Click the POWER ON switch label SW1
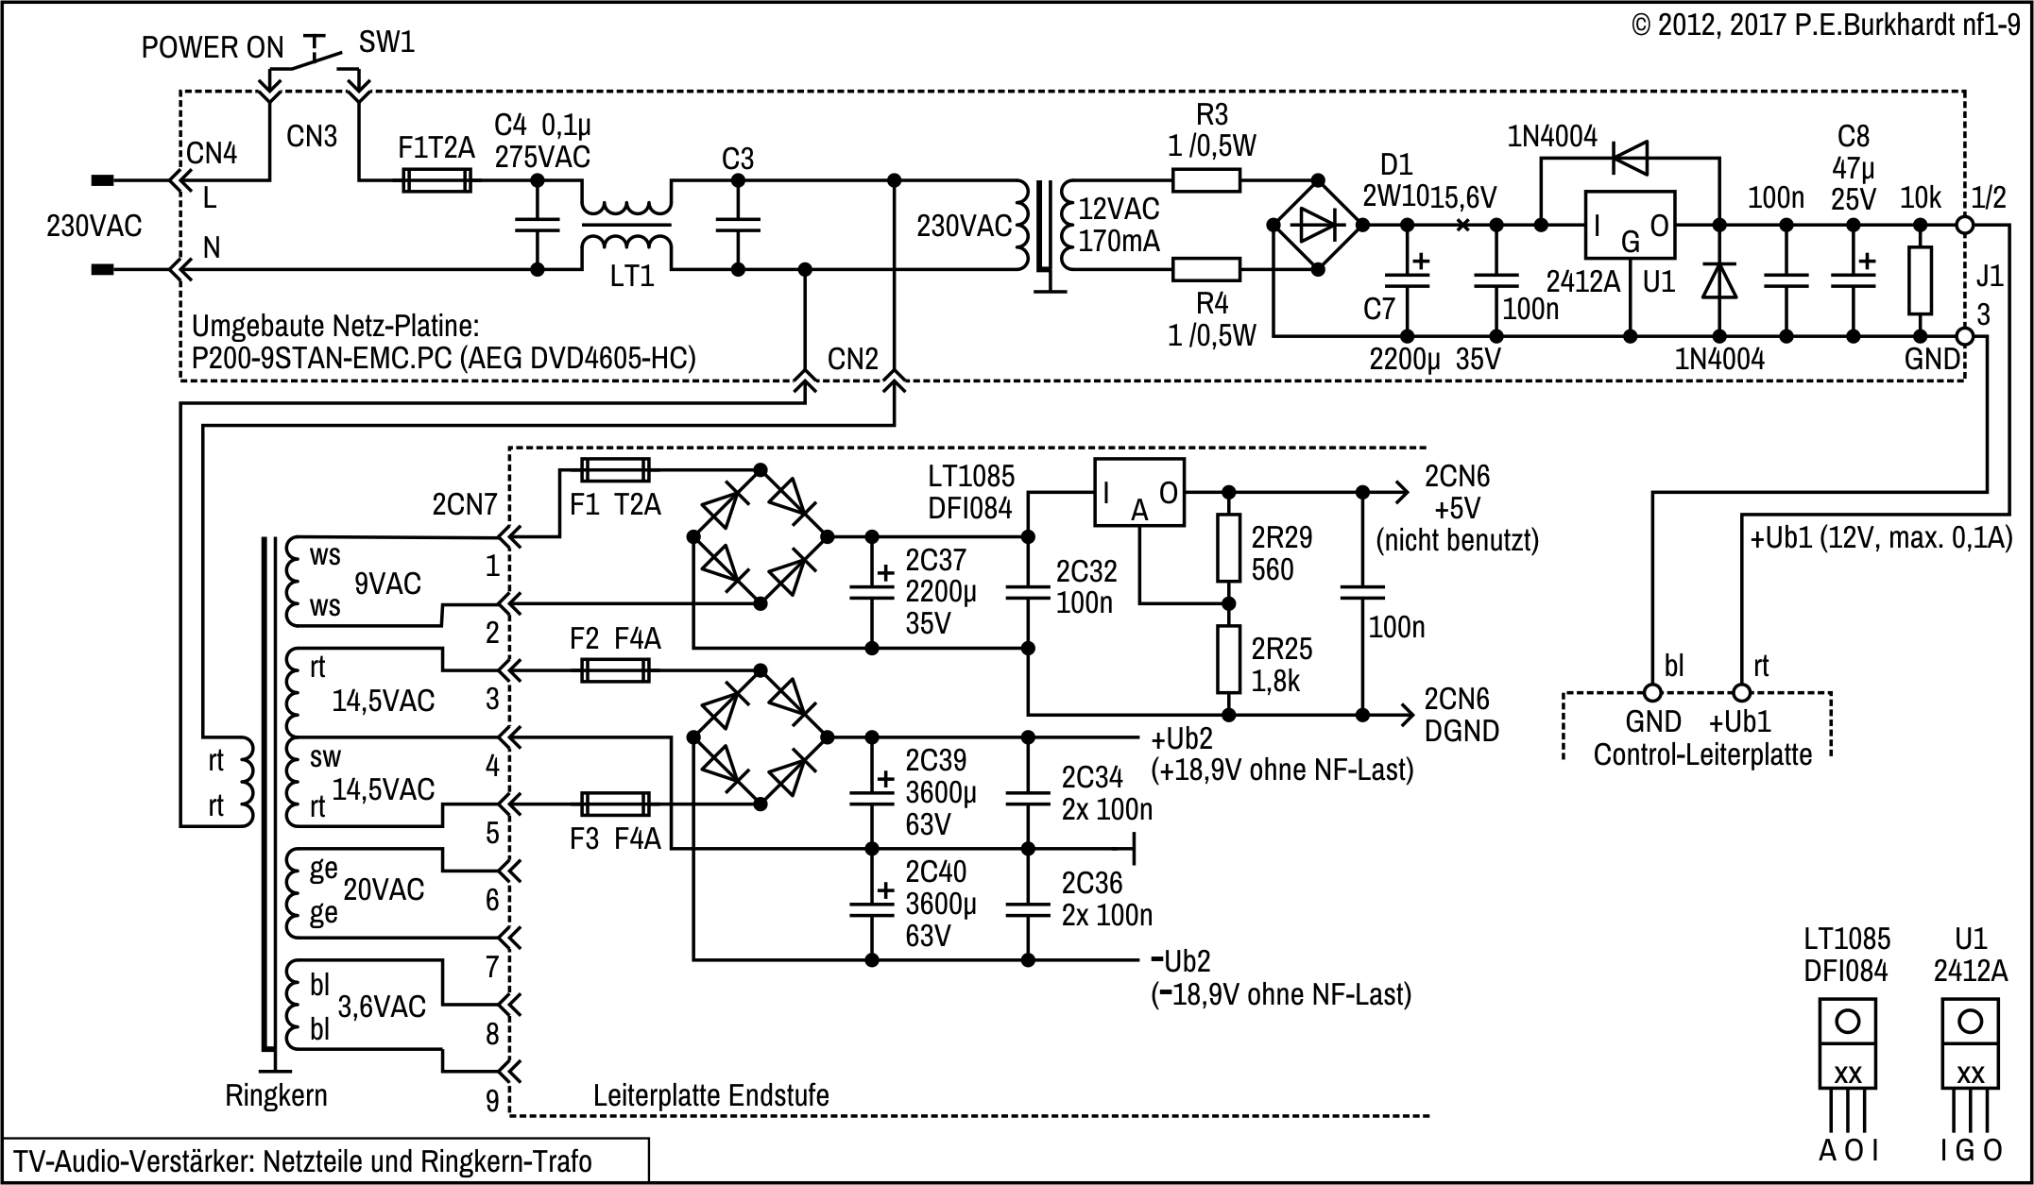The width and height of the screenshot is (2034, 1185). (386, 42)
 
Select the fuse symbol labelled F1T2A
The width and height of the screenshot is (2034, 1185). (436, 180)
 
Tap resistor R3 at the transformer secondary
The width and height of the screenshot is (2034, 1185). (1205, 180)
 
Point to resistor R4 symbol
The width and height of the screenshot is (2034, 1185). (1205, 270)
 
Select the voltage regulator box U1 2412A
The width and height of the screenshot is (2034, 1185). (1629, 225)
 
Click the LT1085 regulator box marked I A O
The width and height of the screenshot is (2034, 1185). (1138, 493)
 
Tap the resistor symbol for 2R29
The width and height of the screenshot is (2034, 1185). (1228, 549)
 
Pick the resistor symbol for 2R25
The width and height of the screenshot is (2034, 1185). (1228, 659)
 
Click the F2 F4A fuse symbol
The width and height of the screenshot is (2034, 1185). (614, 671)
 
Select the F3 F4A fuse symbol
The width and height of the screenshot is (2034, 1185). (614, 804)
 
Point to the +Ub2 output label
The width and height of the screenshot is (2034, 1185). (1181, 738)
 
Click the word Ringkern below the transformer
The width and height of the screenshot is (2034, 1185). (276, 1095)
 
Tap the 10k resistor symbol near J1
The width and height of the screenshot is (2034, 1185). (1920, 280)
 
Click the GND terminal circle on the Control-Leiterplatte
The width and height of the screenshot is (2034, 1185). (1653, 693)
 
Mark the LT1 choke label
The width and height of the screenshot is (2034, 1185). (631, 277)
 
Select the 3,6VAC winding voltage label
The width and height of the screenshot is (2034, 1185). (382, 1007)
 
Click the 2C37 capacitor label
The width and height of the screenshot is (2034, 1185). (935, 560)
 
